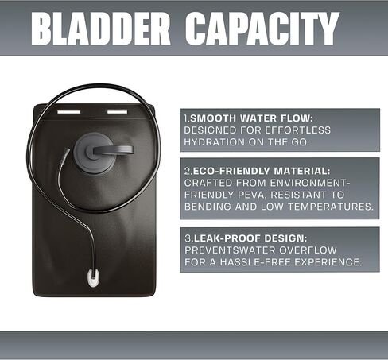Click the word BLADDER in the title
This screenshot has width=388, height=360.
pyautogui.click(x=101, y=29)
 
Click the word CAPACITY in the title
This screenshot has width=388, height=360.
pyautogui.click(x=262, y=29)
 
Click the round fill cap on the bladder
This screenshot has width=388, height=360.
pyautogui.click(x=95, y=153)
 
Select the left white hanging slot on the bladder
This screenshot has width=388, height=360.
pyautogui.click(x=69, y=112)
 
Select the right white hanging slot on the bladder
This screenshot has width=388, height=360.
pyautogui.click(x=117, y=112)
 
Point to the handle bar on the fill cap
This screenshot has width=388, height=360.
pyautogui.click(x=113, y=149)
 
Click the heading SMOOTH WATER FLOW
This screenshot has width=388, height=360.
pyautogui.click(x=252, y=118)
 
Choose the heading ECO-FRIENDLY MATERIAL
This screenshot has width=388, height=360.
pyautogui.click(x=262, y=171)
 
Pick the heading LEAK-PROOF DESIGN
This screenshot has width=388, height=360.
pyautogui.click(x=250, y=238)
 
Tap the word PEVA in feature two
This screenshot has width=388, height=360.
pyautogui.click(x=251, y=195)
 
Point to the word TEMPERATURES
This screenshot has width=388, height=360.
pyautogui.click(x=331, y=207)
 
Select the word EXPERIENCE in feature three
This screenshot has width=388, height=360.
pyautogui.click(x=328, y=262)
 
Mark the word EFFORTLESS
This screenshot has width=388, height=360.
pyautogui.click(x=297, y=130)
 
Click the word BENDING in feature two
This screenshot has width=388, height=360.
pyautogui.click(x=208, y=207)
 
